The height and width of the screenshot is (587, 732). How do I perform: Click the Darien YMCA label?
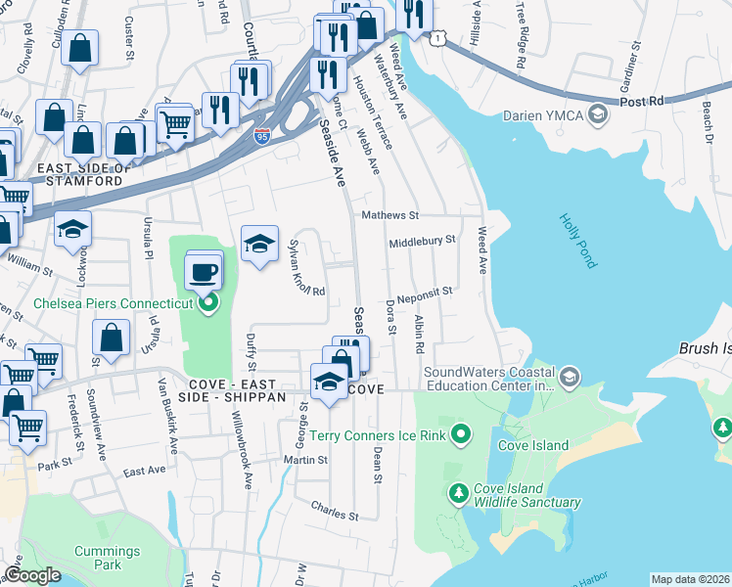coord(542,115)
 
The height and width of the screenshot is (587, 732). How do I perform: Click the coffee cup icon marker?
coord(204,271)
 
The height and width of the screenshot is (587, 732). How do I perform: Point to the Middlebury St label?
coord(422,240)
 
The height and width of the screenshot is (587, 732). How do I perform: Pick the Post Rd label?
coord(642,101)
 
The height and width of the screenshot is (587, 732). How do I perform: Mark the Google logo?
coord(32,575)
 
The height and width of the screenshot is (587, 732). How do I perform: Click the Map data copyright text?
coord(690,579)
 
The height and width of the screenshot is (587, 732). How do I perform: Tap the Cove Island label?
coord(536,446)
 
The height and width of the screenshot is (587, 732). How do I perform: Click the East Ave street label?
coord(144,471)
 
